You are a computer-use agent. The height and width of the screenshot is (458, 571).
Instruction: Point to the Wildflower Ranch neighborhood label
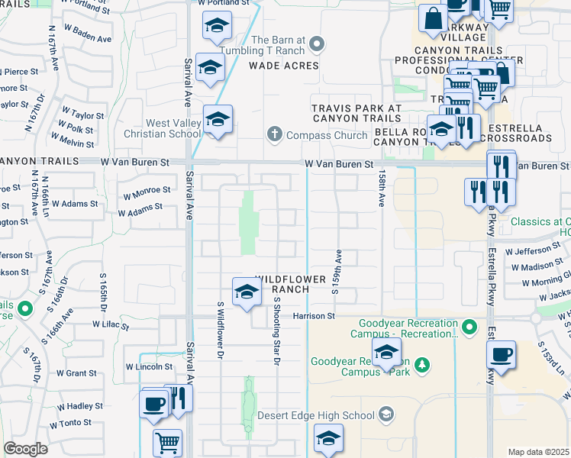pyautogui.click(x=282, y=284)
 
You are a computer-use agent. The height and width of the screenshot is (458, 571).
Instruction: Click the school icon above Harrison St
pyautogui.click(x=246, y=291)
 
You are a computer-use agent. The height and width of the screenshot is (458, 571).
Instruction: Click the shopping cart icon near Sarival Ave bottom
pyautogui.click(x=167, y=441)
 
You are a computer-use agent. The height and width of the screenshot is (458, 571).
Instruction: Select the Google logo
pyautogui.click(x=25, y=449)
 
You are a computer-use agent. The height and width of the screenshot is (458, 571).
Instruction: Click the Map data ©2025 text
pyautogui.click(x=538, y=452)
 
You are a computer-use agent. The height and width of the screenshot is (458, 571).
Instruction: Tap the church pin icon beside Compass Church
pyautogui.click(x=274, y=135)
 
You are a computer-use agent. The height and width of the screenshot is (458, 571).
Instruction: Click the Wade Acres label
pyautogui.click(x=283, y=66)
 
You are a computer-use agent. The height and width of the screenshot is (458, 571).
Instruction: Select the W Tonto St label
pyautogui.click(x=70, y=422)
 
